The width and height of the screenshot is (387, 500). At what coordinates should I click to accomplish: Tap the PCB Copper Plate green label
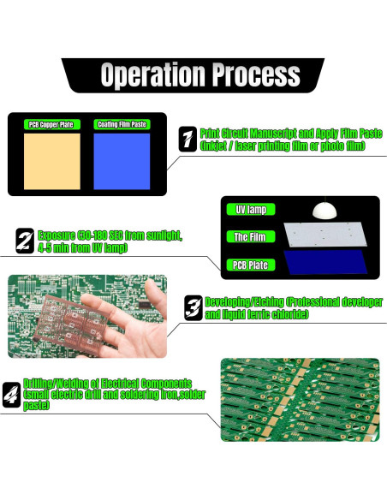pos(51,124)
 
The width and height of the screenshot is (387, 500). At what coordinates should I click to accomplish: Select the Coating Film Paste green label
pos(121,124)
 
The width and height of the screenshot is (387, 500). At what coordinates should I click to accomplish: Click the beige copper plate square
pos(51,160)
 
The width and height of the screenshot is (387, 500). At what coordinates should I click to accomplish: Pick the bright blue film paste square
pos(121,160)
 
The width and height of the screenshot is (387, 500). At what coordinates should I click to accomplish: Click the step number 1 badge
pos(187,140)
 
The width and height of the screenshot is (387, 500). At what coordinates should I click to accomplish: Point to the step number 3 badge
pos(193,307)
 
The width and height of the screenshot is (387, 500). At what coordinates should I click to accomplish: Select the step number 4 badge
pos(13,395)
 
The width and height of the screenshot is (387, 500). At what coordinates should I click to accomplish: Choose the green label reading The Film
pos(250,237)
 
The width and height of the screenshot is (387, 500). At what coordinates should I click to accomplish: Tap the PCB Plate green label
pos(250,265)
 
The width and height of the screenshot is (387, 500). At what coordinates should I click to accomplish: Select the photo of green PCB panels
pos(299,399)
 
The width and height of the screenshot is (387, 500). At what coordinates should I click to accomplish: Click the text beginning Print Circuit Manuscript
pos(290,134)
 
